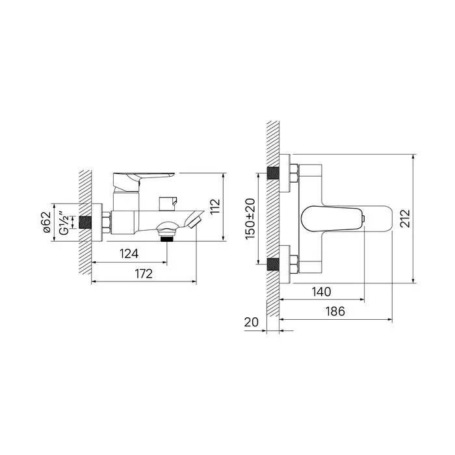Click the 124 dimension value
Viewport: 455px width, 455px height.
tap(129, 254)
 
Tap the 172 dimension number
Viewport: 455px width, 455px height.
tap(144, 274)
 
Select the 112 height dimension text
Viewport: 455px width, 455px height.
tap(215, 207)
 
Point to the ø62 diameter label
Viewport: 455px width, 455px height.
tap(47, 222)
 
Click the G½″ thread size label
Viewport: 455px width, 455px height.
tap(64, 222)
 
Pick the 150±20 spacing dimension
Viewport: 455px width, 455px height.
tap(250, 219)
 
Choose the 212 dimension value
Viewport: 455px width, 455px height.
tap(405, 218)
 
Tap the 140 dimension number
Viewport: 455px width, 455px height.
tap(321, 292)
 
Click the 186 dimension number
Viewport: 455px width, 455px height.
tap(335, 311)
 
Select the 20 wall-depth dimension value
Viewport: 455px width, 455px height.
tap(252, 322)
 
